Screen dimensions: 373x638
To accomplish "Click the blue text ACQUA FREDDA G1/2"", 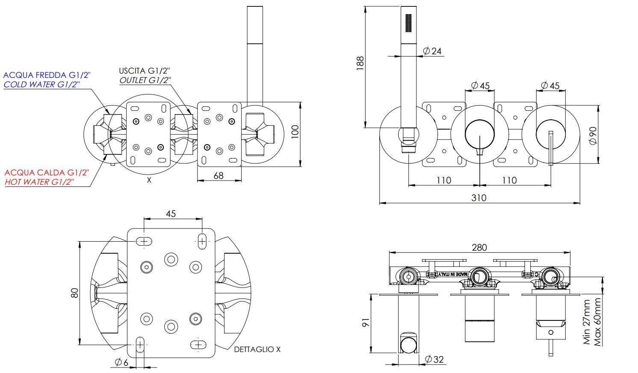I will pyautogui.click(x=47, y=75).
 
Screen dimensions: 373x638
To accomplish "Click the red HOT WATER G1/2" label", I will pyautogui.click(x=39, y=182).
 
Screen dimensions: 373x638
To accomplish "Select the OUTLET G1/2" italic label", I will pyautogui.click(x=145, y=80).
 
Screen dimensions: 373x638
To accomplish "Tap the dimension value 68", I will pyautogui.click(x=219, y=175).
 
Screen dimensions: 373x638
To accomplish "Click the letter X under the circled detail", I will pyautogui.click(x=149, y=180).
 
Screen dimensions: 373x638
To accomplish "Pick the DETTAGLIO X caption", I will pyautogui.click(x=257, y=349).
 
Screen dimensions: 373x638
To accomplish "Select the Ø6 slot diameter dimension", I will pyautogui.click(x=121, y=362).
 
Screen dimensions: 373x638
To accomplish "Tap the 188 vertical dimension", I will pyautogui.click(x=360, y=63).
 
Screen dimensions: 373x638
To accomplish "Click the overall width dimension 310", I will pyautogui.click(x=479, y=198).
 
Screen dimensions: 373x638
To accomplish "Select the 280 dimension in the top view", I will pyautogui.click(x=479, y=247).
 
